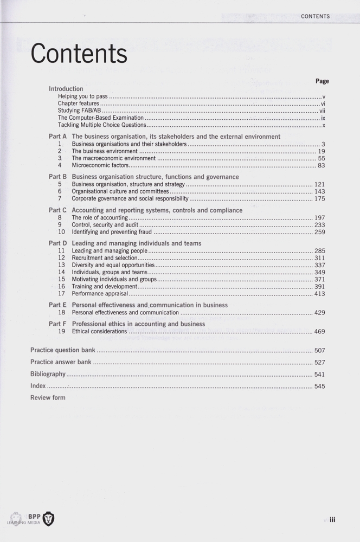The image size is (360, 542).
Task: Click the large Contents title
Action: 79,54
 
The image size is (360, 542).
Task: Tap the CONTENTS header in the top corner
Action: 315,16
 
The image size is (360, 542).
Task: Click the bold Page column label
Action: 322,81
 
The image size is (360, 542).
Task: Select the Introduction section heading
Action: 66,89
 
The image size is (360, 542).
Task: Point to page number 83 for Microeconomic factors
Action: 321,165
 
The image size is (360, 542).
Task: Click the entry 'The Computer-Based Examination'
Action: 101,118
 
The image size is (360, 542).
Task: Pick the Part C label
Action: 57,210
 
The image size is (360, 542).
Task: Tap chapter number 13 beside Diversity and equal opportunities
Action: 61,265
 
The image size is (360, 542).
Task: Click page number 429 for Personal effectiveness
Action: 319,313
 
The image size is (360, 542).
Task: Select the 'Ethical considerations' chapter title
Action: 99,332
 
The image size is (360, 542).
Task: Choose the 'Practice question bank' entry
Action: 62,351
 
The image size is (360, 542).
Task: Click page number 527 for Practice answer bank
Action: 319,363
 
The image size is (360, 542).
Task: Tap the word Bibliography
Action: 48,374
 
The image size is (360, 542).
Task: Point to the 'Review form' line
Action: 48,398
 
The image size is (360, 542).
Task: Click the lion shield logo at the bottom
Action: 48,519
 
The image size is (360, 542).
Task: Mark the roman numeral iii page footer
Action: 332,519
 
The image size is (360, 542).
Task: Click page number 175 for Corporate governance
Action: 319,199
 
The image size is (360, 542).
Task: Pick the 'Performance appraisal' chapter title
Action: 100,294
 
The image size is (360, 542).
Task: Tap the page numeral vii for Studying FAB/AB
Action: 322,111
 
